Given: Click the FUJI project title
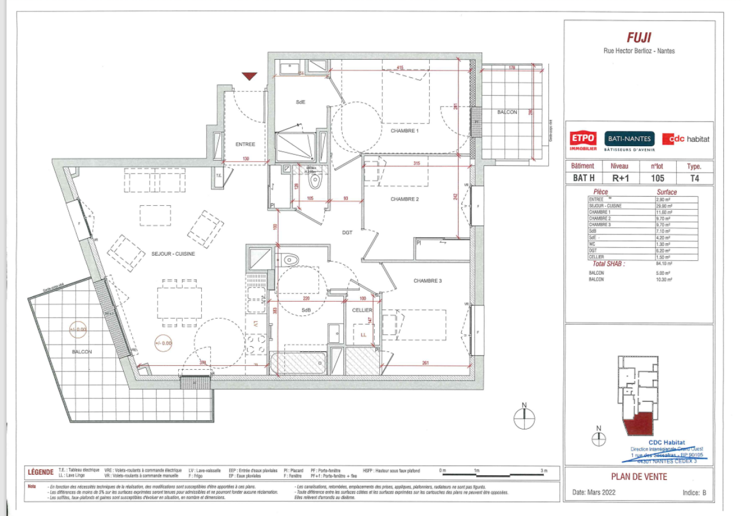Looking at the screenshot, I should click(639, 38).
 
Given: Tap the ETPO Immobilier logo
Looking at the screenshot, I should click(583, 140).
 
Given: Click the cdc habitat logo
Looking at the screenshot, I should click(685, 139).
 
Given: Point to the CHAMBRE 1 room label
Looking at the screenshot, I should click(405, 131).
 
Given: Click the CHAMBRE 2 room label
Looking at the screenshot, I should click(405, 199).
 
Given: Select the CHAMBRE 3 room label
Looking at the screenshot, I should click(429, 281).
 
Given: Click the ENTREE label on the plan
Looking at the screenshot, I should click(245, 144).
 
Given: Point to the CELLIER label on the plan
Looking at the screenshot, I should click(362, 310).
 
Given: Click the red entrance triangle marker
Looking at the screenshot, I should click(249, 76).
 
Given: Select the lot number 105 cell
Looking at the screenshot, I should click(657, 178).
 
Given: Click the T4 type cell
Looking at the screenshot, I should click(695, 178).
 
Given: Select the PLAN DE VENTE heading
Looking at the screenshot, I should click(639, 476).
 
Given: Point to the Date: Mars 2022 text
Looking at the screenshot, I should click(594, 492).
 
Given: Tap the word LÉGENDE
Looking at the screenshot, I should click(41, 472).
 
